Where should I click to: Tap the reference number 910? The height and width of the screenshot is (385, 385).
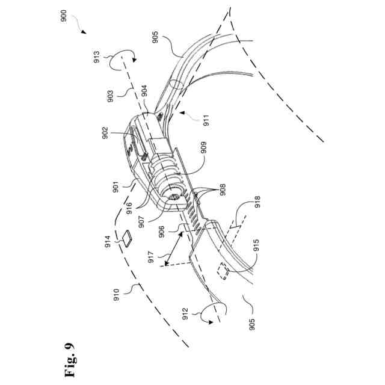116,294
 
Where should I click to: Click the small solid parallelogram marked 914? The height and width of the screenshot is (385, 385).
128,238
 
